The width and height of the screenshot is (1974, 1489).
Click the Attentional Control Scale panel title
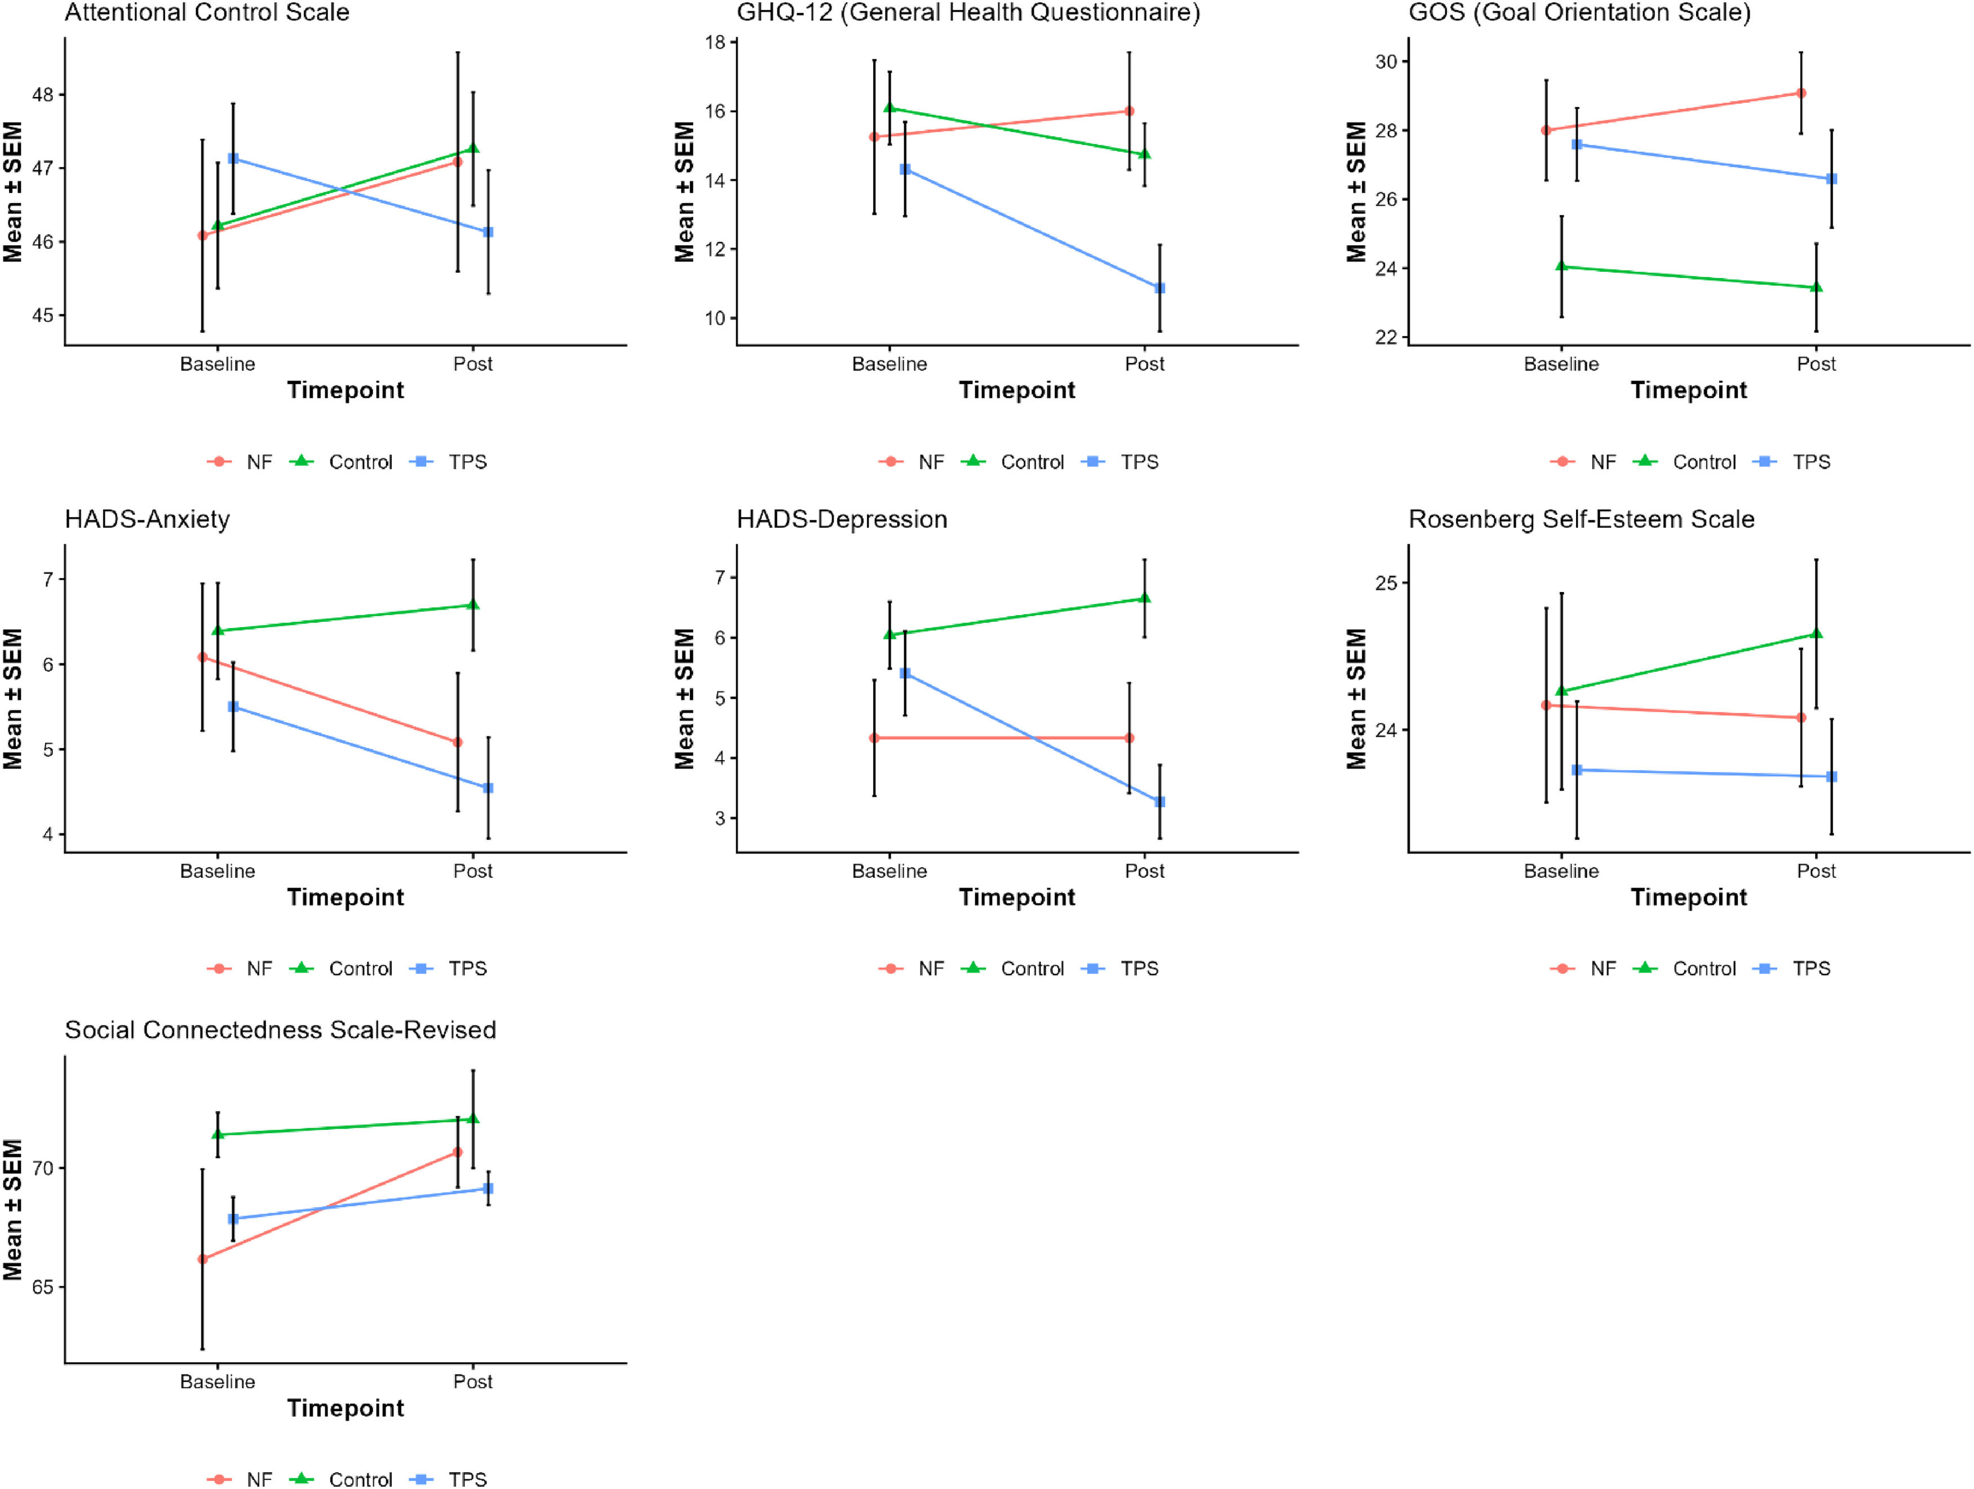pyautogui.click(x=207, y=12)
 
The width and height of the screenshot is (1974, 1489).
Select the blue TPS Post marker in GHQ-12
pyautogui.click(x=1160, y=288)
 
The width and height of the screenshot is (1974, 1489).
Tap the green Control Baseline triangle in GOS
pyautogui.click(x=1562, y=266)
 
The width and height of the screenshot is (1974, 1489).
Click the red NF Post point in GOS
pyautogui.click(x=1801, y=93)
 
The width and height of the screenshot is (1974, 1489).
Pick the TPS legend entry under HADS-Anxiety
pyautogui.click(x=449, y=969)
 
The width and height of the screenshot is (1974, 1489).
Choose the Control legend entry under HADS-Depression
pyautogui.click(x=1013, y=969)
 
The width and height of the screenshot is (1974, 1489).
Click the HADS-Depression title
pyautogui.click(x=842, y=520)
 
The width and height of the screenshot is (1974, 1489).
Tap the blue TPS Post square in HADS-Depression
pyautogui.click(x=1160, y=802)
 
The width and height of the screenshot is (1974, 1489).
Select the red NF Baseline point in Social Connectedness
pyautogui.click(x=202, y=1258)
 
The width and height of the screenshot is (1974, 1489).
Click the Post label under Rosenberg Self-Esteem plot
pyautogui.click(x=1816, y=871)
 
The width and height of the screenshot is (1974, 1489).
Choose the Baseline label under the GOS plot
pyautogui.click(x=1562, y=364)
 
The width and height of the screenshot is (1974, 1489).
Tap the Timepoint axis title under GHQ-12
pyautogui.click(x=1017, y=390)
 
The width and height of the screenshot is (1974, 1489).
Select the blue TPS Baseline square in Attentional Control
pyautogui.click(x=234, y=158)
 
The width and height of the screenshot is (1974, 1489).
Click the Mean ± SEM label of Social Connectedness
pyautogui.click(x=12, y=1209)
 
